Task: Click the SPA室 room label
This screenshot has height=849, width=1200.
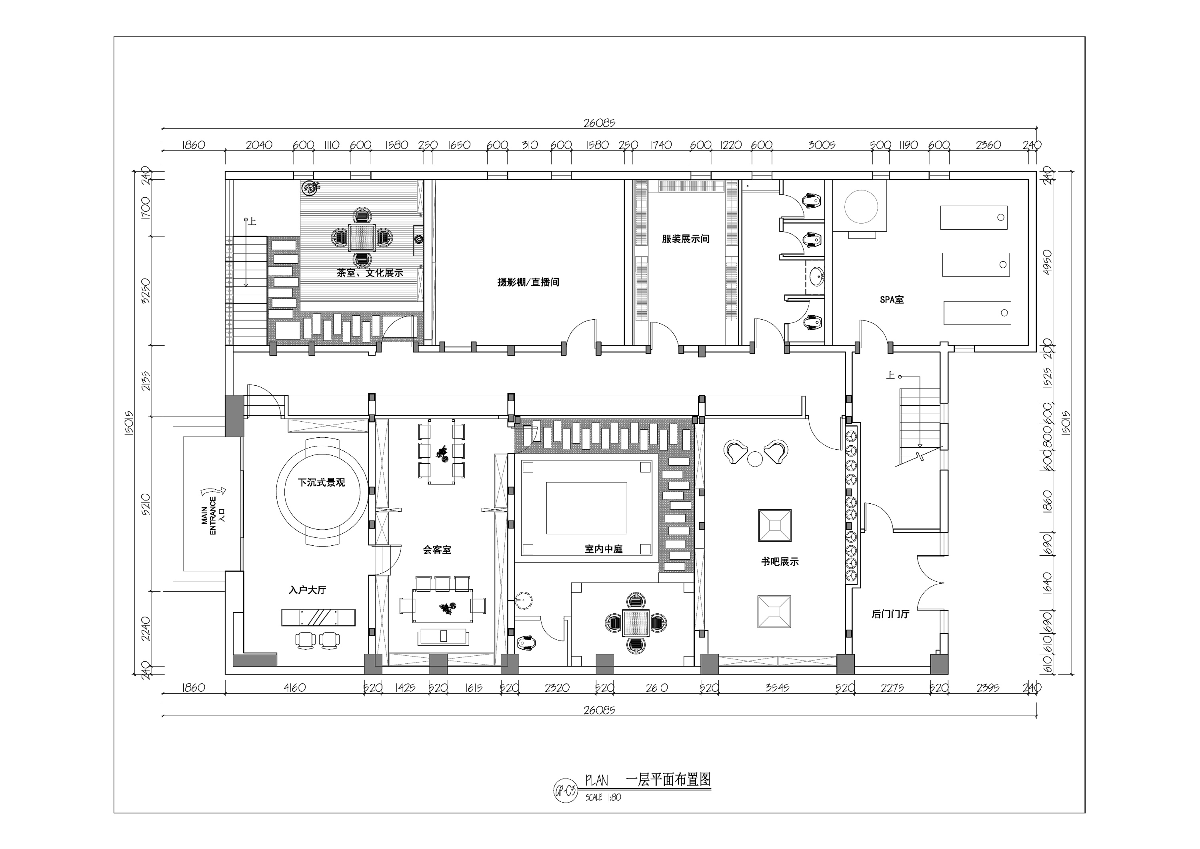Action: (892, 300)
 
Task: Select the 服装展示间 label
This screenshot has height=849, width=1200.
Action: (686, 239)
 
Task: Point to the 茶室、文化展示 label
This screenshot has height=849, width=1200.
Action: (370, 273)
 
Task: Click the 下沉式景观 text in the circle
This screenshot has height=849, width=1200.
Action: (322, 483)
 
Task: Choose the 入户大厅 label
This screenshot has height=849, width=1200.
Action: (307, 590)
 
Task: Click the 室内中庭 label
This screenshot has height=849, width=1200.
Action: (604, 549)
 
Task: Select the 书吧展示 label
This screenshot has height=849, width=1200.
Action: (780, 562)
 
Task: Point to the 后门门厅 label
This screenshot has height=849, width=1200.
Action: (890, 614)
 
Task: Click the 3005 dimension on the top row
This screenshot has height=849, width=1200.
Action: (822, 145)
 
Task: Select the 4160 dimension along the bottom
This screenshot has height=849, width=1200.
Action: (294, 688)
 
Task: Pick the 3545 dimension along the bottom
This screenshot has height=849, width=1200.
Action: (777, 688)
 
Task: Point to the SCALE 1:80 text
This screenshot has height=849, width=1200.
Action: (603, 798)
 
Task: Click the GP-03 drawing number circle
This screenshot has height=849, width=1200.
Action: (566, 790)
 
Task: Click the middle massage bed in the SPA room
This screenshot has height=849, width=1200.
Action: (976, 265)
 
